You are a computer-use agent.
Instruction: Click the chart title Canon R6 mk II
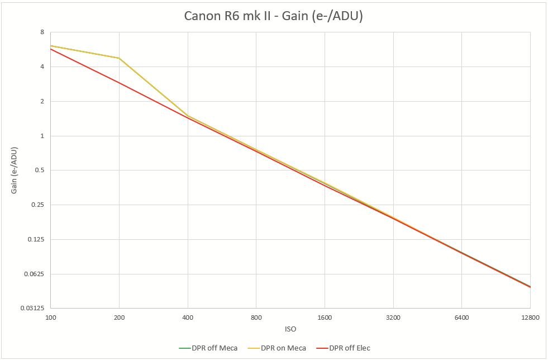coord(274,17)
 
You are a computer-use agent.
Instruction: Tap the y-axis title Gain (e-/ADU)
coord(15,170)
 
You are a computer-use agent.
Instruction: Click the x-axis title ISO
coord(290,329)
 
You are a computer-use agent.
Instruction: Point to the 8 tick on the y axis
coord(42,32)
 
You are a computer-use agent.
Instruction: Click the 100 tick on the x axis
coord(51,318)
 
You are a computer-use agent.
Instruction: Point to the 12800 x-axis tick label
coord(530,318)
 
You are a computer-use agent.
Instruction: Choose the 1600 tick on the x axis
coord(325,318)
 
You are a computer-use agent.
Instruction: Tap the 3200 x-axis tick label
coord(393,318)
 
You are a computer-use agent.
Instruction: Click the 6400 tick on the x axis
coord(461,318)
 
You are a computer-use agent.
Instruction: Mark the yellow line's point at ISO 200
coord(119,58)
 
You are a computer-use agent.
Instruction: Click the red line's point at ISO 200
coord(119,83)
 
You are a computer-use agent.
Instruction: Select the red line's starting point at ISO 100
coord(51,49)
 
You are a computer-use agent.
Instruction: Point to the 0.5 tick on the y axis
coord(40,170)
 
